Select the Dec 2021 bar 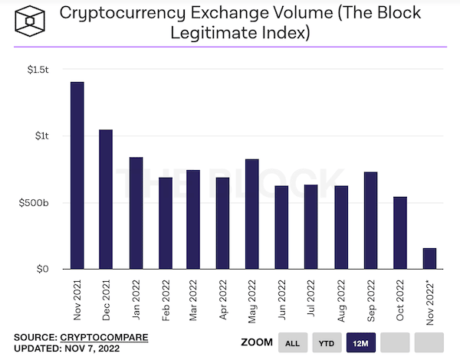[106, 199]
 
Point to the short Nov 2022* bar [429, 258]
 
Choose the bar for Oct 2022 [400, 233]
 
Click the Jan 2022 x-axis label [136, 300]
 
